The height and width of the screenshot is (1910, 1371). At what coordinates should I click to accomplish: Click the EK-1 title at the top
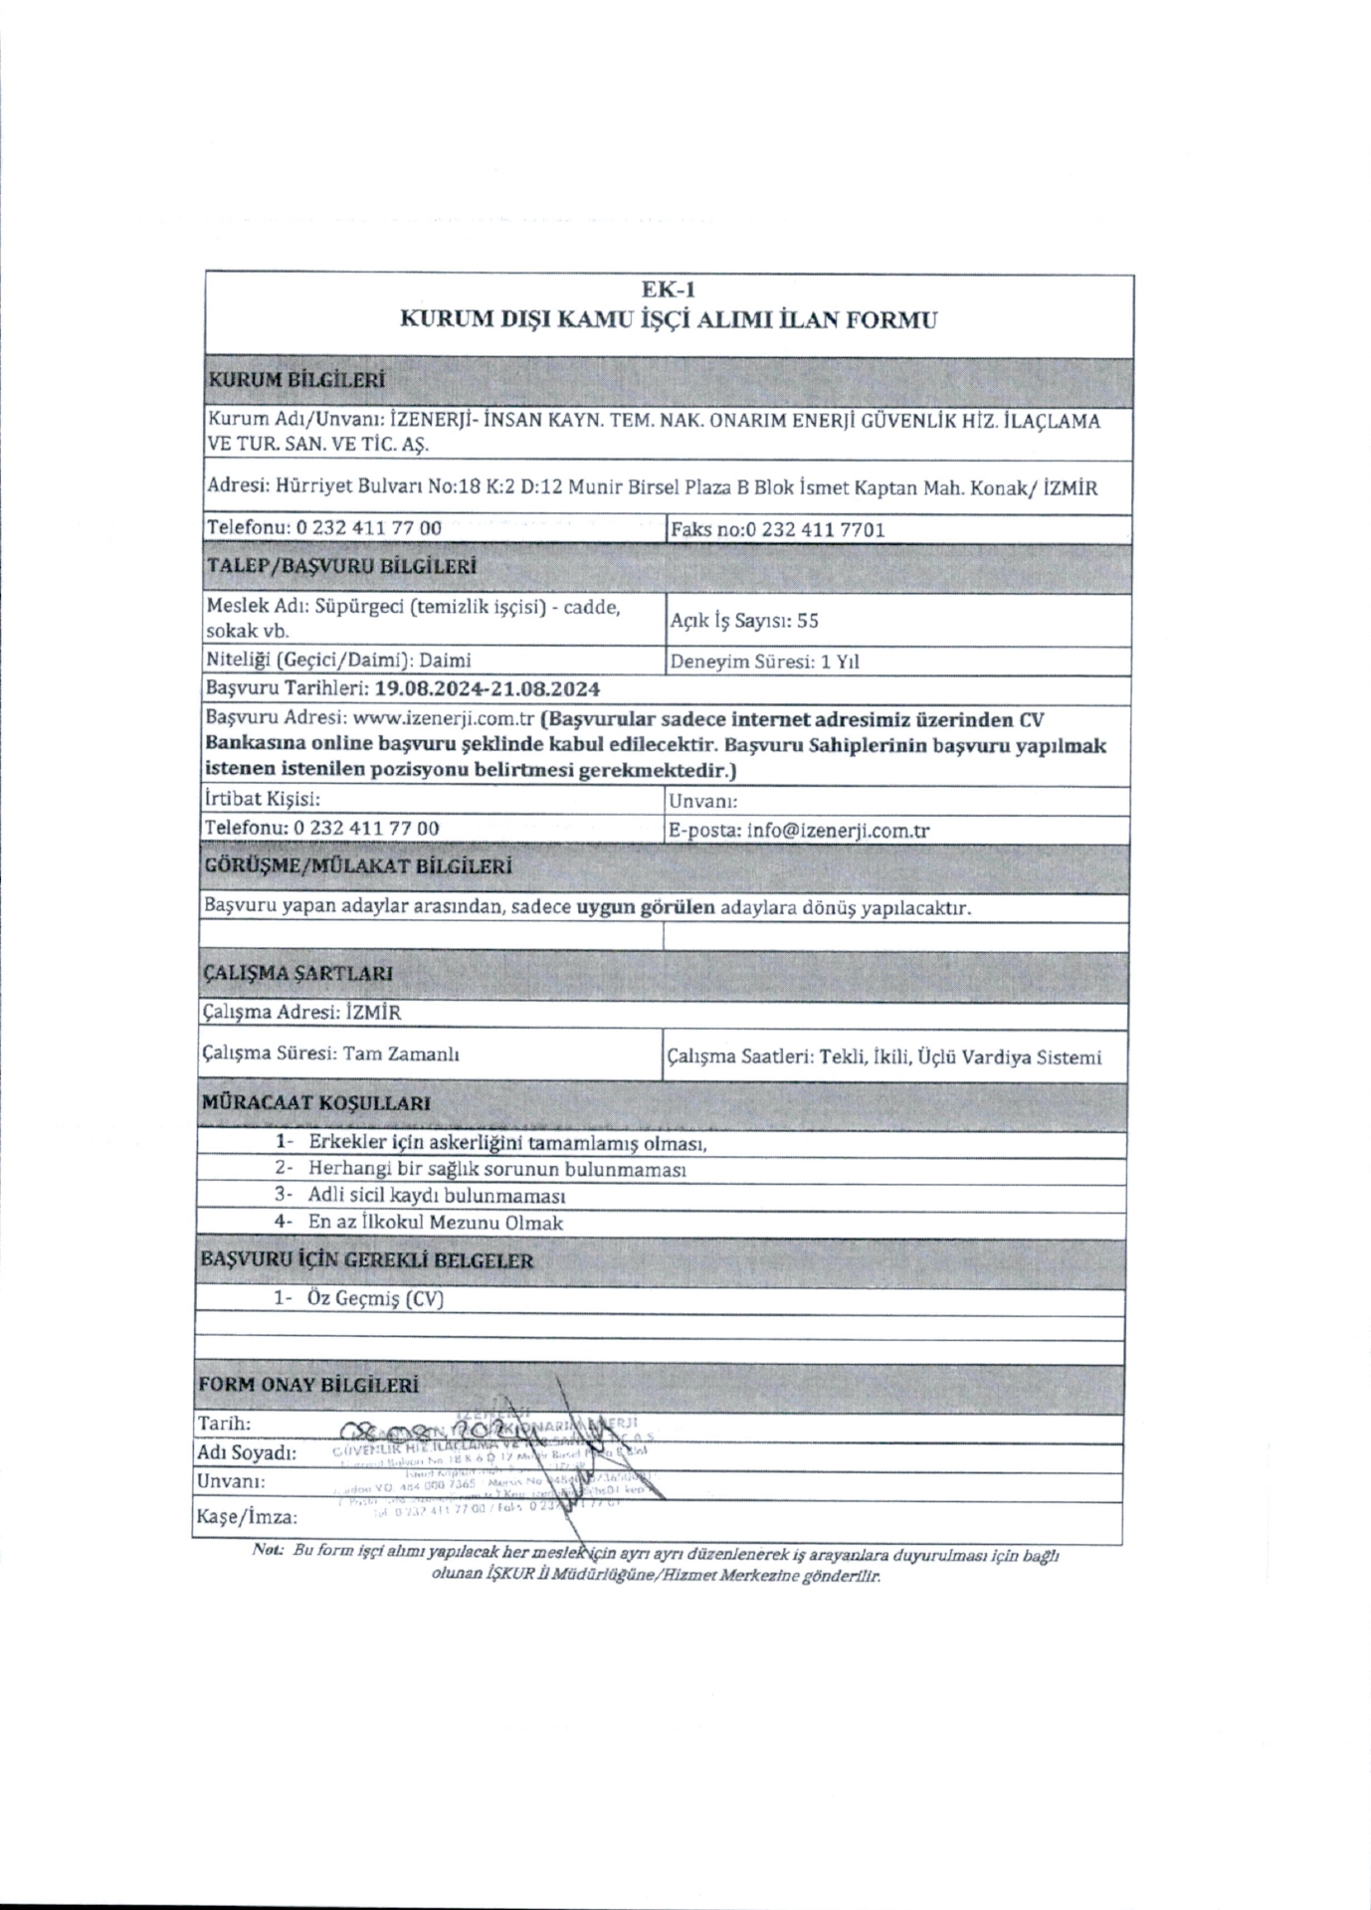[668, 289]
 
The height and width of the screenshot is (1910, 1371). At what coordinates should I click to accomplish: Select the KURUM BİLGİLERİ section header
[294, 380]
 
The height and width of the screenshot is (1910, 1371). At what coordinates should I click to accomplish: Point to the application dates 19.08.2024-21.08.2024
[487, 688]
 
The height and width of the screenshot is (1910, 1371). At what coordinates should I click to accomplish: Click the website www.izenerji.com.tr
[445, 719]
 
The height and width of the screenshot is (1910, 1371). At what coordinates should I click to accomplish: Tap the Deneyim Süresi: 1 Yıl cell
[764, 662]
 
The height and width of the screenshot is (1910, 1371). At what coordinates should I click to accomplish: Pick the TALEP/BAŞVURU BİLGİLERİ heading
[340, 566]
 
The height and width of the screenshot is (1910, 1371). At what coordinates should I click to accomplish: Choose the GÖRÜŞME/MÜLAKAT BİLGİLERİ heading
[357, 866]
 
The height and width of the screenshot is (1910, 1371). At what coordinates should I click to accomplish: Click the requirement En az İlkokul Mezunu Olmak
[435, 1223]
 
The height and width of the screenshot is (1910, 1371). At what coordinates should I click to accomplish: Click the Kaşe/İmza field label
[248, 1517]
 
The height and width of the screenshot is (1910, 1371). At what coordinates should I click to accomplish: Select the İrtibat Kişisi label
[262, 799]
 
